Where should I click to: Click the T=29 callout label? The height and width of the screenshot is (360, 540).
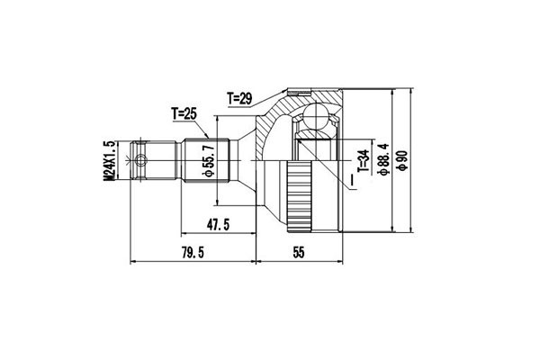pos(239,99)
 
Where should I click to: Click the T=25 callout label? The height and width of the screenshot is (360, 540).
pos(184,113)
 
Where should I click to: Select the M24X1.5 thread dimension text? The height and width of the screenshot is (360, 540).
pos(109,160)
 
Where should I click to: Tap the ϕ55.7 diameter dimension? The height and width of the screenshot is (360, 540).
pos(209,161)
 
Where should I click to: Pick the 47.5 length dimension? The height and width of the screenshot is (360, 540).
pos(218,225)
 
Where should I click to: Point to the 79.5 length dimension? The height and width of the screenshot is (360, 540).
pos(193,253)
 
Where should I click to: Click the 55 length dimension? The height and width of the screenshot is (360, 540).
pos(299,253)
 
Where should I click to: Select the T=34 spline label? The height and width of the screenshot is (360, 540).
pos(364,161)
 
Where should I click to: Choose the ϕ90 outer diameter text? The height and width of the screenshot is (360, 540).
pos(402,160)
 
